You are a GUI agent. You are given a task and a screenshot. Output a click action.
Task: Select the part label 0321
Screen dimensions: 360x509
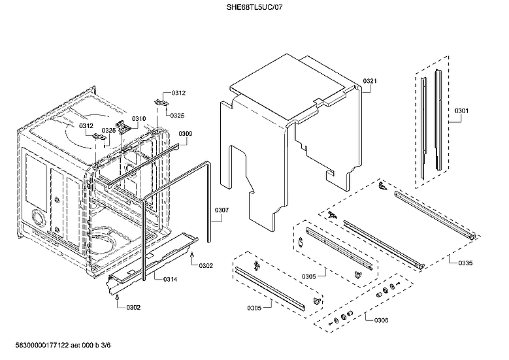370,81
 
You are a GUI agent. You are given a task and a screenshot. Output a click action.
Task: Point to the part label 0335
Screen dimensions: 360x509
465,263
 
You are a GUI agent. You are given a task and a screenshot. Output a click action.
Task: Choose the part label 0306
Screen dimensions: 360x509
380,319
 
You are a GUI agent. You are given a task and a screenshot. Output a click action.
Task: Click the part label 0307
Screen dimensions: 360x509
222,210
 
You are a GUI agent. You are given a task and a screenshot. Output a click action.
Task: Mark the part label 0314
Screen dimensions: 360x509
170,279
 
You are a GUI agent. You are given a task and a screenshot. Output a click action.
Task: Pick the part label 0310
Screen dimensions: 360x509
139,118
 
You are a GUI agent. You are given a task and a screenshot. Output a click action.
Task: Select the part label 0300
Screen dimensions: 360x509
186,133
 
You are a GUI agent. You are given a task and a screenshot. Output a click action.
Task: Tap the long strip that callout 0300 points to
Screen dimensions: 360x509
140,163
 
